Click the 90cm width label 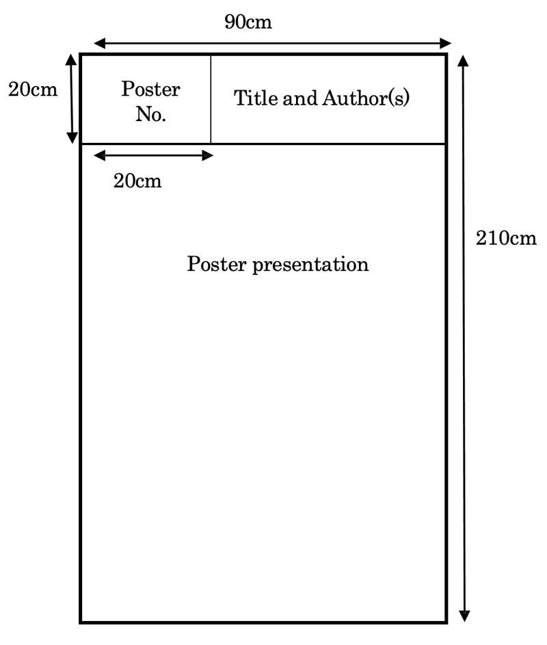(x=248, y=22)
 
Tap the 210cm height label (x=506, y=238)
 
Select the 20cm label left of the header (x=33, y=90)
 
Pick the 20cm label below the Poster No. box (x=137, y=181)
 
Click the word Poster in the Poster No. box (x=150, y=89)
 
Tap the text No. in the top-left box (x=151, y=114)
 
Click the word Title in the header (x=255, y=98)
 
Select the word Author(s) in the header (x=366, y=98)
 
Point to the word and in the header (x=299, y=98)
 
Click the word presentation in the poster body (x=310, y=265)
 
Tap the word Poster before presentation (x=217, y=263)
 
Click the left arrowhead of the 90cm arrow (x=100, y=43)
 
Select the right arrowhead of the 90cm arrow (x=445, y=43)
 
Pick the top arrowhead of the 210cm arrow (x=464, y=60)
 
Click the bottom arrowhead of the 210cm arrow (x=464, y=616)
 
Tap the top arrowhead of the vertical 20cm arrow (x=71, y=60)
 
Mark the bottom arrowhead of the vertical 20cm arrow (x=72, y=137)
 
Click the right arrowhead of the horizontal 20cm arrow (x=207, y=155)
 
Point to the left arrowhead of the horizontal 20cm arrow (x=100, y=155)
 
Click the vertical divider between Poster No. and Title (x=211, y=99)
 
